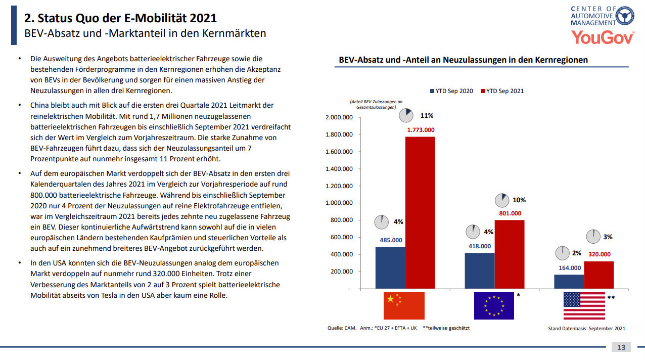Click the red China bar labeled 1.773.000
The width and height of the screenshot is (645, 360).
pyautogui.click(x=420, y=212)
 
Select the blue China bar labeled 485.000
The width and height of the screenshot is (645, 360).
pyautogui.click(x=390, y=267)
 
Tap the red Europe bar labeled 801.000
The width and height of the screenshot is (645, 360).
pyautogui.click(x=510, y=254)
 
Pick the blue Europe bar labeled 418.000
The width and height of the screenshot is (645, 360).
pyautogui.click(x=479, y=271)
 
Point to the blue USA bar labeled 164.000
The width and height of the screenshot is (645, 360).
pyautogui.click(x=569, y=281)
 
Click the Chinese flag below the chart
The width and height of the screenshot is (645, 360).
pyautogui.click(x=404, y=305)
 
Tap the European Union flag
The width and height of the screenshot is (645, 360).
pyautogui.click(x=494, y=305)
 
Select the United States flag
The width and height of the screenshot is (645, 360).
pyautogui.click(x=584, y=305)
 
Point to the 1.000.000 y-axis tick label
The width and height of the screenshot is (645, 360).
pyautogui.click(x=339, y=203)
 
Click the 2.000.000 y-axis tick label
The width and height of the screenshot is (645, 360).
pyautogui.click(x=339, y=117)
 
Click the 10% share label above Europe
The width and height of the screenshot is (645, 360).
pyautogui.click(x=519, y=200)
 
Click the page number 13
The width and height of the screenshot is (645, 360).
pyautogui.click(x=621, y=347)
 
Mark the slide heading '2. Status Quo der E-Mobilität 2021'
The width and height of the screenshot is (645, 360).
pyautogui.click(x=121, y=19)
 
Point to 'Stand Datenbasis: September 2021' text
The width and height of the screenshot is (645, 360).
pyautogui.click(x=586, y=329)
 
